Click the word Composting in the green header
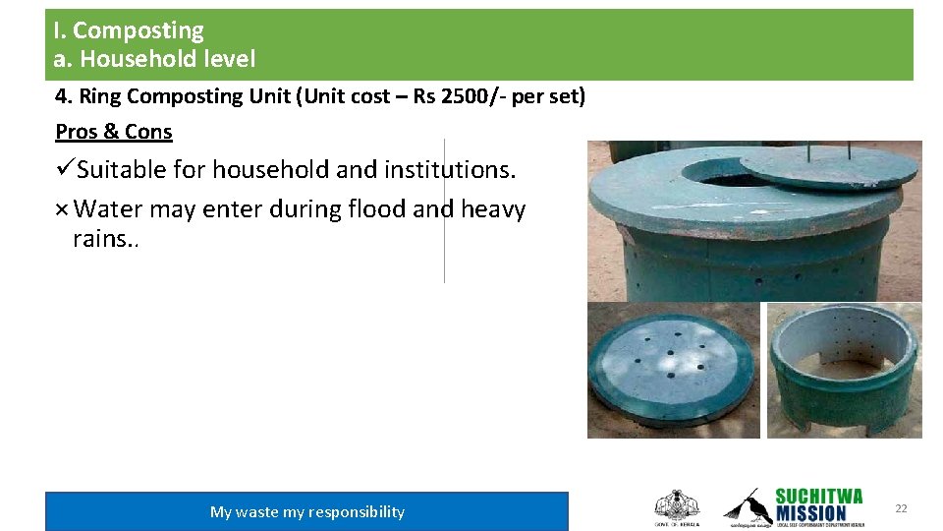pyautogui.click(x=139, y=31)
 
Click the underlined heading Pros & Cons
pyautogui.click(x=114, y=132)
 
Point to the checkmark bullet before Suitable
pyautogui.click(x=65, y=169)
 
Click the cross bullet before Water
pyautogui.click(x=62, y=209)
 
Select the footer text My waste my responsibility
pyautogui.click(x=306, y=511)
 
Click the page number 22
pyautogui.click(x=901, y=508)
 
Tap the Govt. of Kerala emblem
pyautogui.click(x=676, y=506)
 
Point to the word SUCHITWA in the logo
pyautogui.click(x=818, y=496)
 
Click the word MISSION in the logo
pyautogui.click(x=810, y=512)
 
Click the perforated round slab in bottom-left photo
pyautogui.click(x=673, y=370)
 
